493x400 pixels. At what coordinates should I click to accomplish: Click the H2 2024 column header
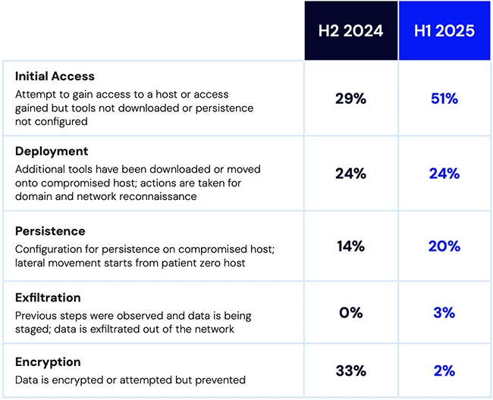[350, 31]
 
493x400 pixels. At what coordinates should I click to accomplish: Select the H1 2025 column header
[444, 31]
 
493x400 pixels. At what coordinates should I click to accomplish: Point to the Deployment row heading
[52, 151]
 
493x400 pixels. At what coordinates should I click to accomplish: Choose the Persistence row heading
[50, 230]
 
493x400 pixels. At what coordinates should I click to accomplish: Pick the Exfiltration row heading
[48, 298]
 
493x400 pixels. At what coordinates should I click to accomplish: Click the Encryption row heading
[48, 362]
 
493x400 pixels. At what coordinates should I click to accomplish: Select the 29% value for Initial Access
[350, 98]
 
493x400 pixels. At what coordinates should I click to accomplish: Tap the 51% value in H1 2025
[444, 98]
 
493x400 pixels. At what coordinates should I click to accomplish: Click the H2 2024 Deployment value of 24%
[350, 173]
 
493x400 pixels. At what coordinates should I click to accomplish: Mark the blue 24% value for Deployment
[444, 173]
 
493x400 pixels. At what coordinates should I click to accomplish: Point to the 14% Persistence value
[350, 246]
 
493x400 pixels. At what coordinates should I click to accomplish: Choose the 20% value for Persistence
[444, 246]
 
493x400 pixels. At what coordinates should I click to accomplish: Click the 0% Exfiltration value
[350, 312]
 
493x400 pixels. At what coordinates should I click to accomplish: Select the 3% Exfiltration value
[444, 312]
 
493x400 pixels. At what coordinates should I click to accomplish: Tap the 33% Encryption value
[350, 370]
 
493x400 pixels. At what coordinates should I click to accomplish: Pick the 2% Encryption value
[444, 370]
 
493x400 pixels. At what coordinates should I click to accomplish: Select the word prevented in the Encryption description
[221, 380]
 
